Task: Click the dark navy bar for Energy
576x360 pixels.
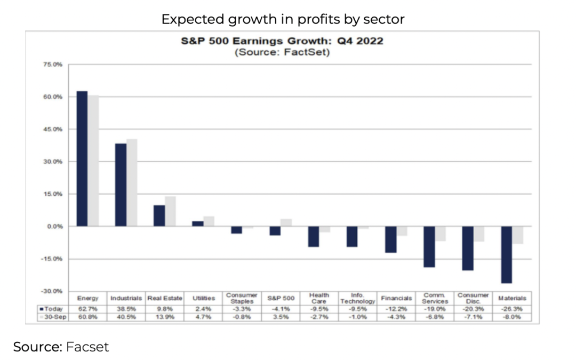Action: pos(82,158)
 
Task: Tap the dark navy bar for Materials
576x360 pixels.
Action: pos(506,254)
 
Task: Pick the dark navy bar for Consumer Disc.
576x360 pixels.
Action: pos(468,248)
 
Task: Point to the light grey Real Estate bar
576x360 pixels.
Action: pos(170,211)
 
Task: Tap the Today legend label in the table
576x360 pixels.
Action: pos(53,308)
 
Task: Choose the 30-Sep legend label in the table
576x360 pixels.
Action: pos(53,317)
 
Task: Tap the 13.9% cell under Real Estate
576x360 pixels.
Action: pos(164,317)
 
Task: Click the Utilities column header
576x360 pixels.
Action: pos(203,298)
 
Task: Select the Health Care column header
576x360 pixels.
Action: pos(319,298)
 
